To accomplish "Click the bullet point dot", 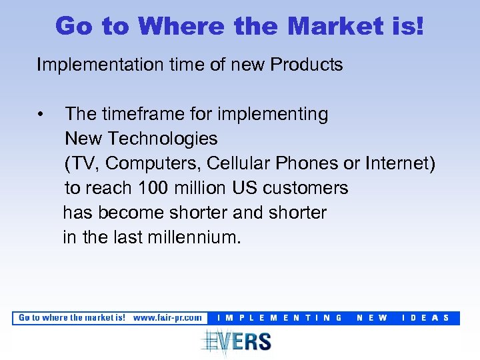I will click(41, 115).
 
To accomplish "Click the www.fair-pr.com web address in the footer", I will click(167, 318).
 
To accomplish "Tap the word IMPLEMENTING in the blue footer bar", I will click(280, 318).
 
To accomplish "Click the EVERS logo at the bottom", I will click(237, 341).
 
